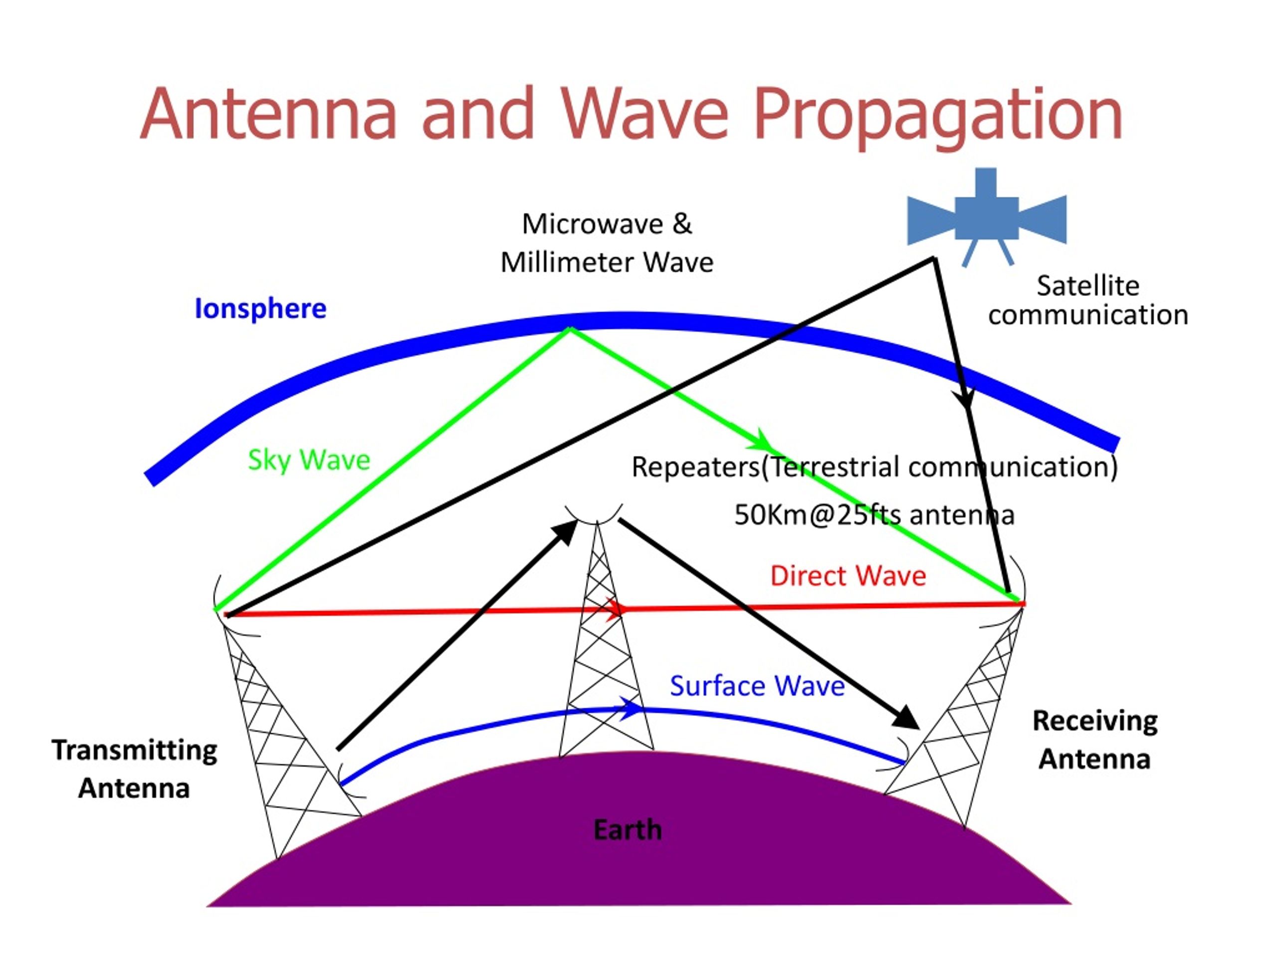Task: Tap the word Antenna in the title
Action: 268,114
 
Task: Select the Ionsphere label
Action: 260,309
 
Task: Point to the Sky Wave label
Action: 309,460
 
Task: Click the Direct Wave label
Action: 848,576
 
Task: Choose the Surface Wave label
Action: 757,686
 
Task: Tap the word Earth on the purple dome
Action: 628,830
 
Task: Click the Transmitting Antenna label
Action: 135,769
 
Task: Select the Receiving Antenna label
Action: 1094,740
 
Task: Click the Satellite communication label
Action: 1087,301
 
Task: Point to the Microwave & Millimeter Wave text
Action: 607,243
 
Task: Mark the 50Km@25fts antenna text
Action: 873,515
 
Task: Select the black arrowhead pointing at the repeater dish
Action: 566,531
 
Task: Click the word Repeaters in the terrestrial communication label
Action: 696,467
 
